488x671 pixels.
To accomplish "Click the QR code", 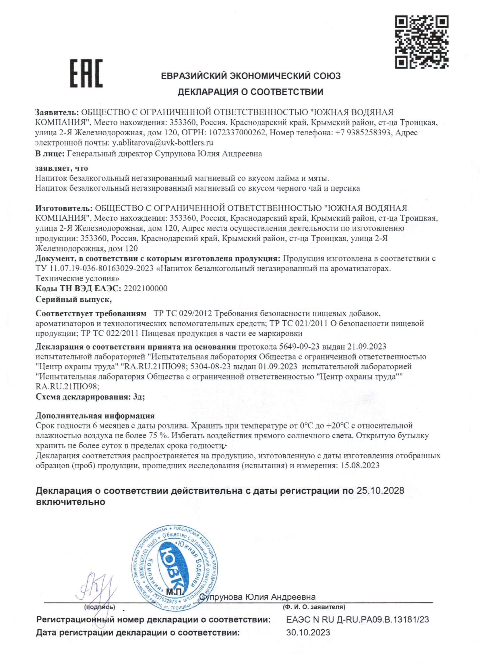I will (422, 42).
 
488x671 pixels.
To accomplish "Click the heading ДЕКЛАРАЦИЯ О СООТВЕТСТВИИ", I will (250, 92).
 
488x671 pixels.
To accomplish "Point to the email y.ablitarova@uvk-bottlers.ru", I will (162, 143).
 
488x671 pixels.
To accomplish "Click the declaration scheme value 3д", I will (138, 397).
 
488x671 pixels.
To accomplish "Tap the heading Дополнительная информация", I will (95, 416).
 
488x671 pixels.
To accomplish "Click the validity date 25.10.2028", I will (380, 491).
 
